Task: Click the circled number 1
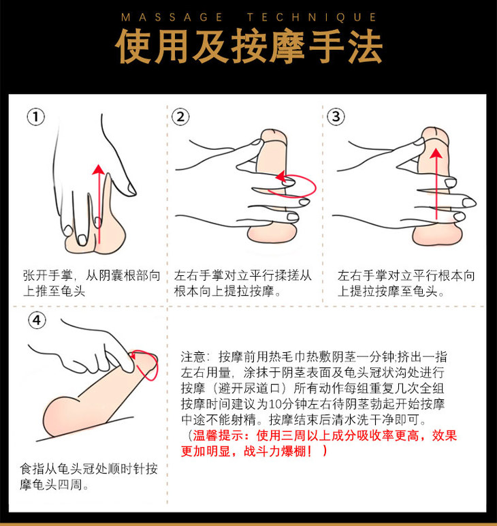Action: coord(35,117)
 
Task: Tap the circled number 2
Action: coord(180,117)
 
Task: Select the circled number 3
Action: coord(336,117)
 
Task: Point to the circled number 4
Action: coord(37,320)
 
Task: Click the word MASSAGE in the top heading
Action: coord(172,18)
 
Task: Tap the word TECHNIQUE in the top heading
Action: coord(312,18)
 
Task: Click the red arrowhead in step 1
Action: coord(98,169)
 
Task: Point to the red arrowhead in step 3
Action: coord(436,153)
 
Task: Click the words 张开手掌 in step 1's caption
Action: coord(48,276)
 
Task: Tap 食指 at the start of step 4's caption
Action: coord(32,469)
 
